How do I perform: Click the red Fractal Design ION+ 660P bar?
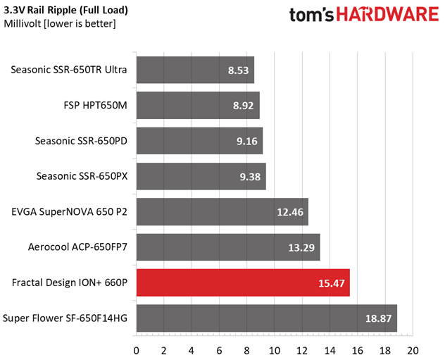point(243,283)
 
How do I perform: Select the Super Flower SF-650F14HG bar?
point(267,318)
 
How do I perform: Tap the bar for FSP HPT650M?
point(198,106)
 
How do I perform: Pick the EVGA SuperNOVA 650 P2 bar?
point(222,212)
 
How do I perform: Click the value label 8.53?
point(239,70)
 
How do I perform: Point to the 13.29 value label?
point(301,248)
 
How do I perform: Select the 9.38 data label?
point(250,177)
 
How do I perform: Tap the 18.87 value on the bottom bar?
point(378,318)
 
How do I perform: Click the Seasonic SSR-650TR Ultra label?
point(69,70)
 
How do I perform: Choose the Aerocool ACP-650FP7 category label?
point(77,247)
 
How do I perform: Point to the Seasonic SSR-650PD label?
point(81,141)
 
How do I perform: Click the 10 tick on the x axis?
point(275,351)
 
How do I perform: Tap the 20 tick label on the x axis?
point(413,351)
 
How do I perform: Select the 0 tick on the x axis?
point(136,351)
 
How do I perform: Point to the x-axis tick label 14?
point(330,351)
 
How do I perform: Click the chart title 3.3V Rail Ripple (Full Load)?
point(66,11)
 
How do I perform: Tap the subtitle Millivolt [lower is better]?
point(60,23)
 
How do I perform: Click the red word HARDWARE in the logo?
point(388,15)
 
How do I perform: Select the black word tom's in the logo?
point(312,15)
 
